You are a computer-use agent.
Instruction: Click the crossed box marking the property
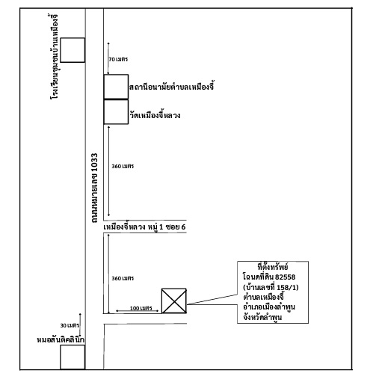(174, 301)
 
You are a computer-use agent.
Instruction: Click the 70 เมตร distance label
(118, 59)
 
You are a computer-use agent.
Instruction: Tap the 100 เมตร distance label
(141, 308)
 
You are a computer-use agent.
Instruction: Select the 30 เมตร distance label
(70, 325)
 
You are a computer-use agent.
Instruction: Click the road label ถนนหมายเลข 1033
(94, 188)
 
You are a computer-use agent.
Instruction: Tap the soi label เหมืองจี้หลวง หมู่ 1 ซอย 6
(144, 227)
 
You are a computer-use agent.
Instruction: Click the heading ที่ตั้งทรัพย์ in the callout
(273, 267)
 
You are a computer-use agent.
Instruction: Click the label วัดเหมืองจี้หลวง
(155, 115)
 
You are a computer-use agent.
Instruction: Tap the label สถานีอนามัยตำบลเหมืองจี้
(171, 86)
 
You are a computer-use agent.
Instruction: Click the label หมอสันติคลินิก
(61, 339)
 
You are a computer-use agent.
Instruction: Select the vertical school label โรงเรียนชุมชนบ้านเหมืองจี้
(54, 57)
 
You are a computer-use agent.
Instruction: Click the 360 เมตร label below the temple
(123, 166)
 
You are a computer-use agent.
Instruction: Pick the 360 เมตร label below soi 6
(123, 278)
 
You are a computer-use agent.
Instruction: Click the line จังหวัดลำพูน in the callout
(262, 317)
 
